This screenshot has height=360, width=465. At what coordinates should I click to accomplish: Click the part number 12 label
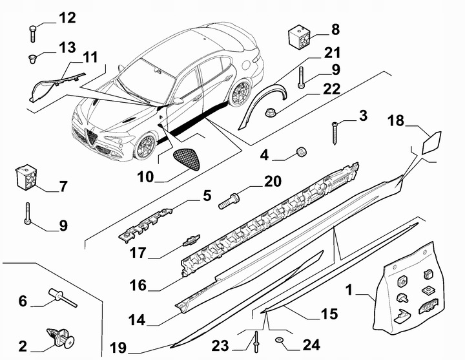[67, 17]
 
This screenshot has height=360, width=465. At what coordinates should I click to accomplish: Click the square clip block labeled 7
[25, 176]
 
